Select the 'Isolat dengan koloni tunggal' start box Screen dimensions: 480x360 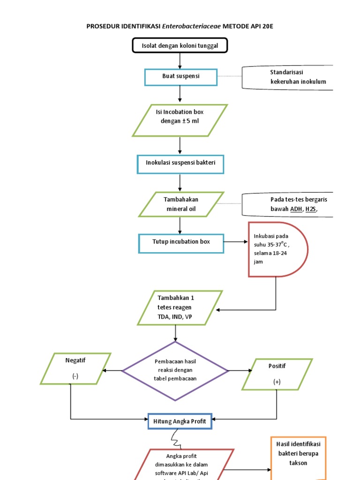pos(180,45)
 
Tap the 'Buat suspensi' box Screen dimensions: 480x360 pos(180,76)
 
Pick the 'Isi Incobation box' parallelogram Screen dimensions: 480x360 pos(180,120)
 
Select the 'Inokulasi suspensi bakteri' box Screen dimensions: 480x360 pos(180,164)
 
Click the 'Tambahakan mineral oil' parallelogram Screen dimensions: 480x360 pos(180,204)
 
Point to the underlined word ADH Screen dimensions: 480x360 pos(296,209)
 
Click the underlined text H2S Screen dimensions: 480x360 pos(311,209)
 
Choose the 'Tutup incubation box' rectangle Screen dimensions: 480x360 pos(180,242)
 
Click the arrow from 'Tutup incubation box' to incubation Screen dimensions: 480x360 pos(235,242)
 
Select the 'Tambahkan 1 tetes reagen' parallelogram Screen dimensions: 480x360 pos(180,307)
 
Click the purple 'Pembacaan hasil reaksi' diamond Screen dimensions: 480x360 pos(175,371)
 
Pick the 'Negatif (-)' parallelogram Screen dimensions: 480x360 pos(75,368)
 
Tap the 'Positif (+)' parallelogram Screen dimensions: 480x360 pos(277,374)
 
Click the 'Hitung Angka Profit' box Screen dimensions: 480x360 pos(180,421)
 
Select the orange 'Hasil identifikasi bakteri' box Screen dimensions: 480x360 pos(298,457)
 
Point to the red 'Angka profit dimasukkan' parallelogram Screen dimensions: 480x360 pos(184,464)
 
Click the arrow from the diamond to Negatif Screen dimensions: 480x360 pos(112,371)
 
